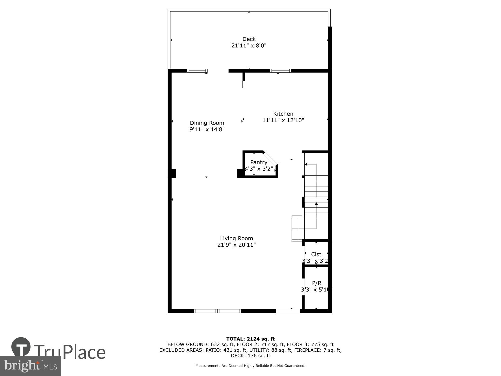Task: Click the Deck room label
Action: [249, 39]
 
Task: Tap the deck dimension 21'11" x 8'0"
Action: [249, 46]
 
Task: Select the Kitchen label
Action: [283, 114]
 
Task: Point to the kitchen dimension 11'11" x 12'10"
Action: [283, 120]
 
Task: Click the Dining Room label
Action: [207, 123]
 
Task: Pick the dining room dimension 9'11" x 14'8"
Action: [207, 130]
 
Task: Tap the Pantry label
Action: [259, 162]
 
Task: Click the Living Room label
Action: [236, 238]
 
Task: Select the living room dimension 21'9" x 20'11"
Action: [236, 245]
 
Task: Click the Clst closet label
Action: [316, 254]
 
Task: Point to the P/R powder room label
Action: [317, 283]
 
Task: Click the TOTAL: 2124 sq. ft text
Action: [250, 339]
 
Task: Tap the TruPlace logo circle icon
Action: [21, 347]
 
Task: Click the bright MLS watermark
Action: [30, 366]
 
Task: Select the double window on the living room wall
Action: [217, 311]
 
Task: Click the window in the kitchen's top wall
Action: [280, 71]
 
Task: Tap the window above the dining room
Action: [197, 71]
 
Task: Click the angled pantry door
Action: [270, 158]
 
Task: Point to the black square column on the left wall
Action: [172, 174]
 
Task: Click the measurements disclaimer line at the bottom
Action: [250, 366]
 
